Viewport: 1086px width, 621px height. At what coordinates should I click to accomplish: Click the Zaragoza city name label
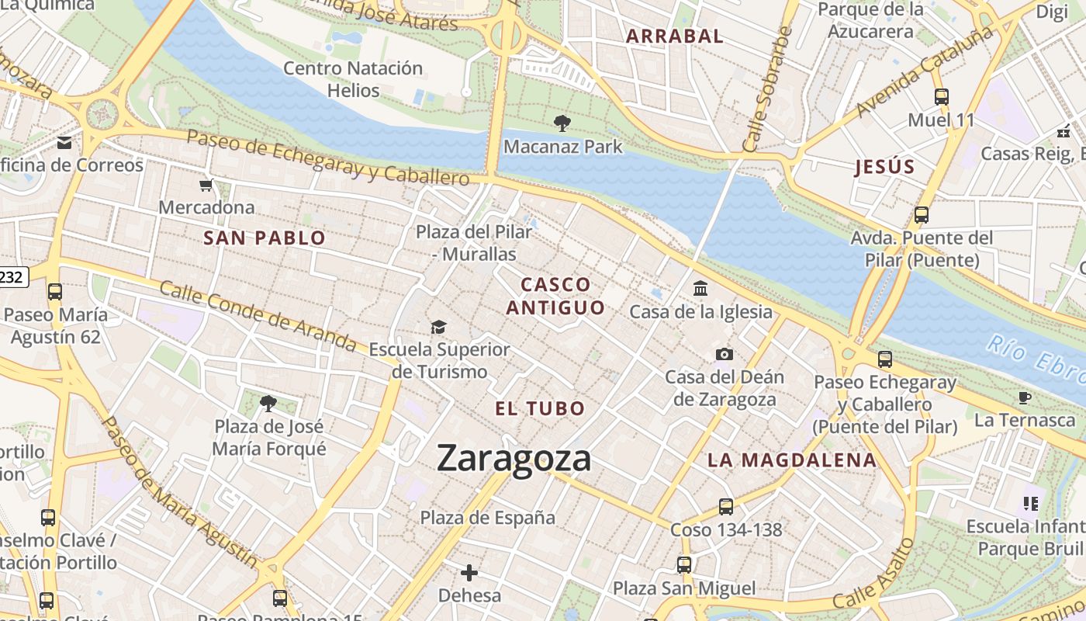[x=514, y=458]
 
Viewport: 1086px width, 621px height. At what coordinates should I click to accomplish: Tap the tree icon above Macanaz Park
[x=562, y=123]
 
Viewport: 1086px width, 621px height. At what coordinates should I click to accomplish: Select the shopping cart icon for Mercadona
[x=206, y=185]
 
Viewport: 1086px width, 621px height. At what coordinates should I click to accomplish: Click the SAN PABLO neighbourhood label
[x=265, y=238]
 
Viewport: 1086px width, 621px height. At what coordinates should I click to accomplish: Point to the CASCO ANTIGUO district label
[x=555, y=296]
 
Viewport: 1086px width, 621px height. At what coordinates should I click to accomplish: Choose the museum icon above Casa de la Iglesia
[x=701, y=289]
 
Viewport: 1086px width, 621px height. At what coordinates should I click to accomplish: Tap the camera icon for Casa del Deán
[x=725, y=354]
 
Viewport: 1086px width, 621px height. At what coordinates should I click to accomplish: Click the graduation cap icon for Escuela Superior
[x=439, y=327]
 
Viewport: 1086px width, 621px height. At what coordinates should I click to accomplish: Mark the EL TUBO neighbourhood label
[x=540, y=408]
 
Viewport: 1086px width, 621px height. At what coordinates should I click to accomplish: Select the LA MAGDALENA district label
[x=791, y=460]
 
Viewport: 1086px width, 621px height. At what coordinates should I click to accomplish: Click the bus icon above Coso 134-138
[x=726, y=507]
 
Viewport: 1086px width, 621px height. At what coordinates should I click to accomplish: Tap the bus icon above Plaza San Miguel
[x=684, y=565]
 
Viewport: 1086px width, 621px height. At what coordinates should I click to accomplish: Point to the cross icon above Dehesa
[x=469, y=573]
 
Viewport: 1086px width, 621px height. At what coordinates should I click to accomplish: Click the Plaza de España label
[x=488, y=518]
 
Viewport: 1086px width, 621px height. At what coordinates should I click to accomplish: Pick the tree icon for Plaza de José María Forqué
[x=268, y=403]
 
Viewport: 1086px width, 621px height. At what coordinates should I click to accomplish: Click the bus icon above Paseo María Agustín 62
[x=55, y=292]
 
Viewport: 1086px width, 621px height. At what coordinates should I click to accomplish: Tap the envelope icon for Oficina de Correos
[x=64, y=142]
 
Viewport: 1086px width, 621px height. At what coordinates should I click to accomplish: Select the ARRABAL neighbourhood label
[x=675, y=36]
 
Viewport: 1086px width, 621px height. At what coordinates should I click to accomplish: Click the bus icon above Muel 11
[x=942, y=97]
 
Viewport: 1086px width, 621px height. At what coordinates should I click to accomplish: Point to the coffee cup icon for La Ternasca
[x=1025, y=397]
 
